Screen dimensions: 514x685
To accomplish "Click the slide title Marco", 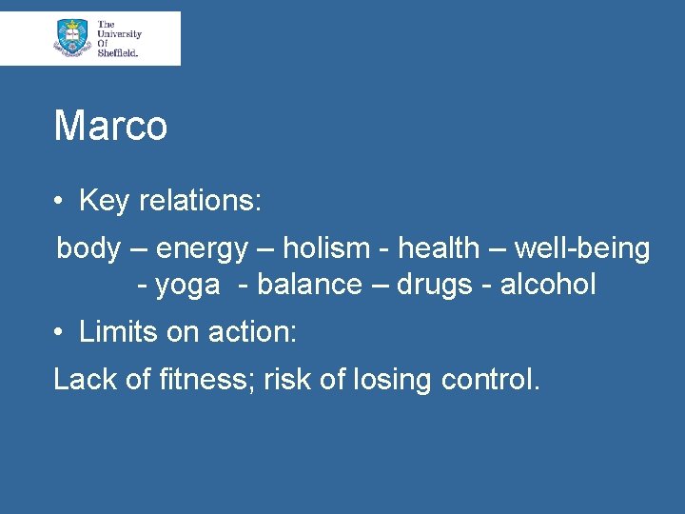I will tap(110, 126).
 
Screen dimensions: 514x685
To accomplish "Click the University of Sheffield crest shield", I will tap(72, 37).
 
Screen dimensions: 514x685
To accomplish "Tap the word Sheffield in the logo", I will tap(118, 53).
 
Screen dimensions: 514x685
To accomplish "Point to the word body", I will tap(88, 249).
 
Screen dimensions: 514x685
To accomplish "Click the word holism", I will tap(327, 249).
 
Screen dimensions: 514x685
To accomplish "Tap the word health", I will tap(439, 249).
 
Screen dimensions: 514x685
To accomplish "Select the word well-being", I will tap(582, 249).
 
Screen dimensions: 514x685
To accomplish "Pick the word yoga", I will tap(187, 285).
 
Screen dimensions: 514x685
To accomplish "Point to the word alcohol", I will tap(549, 285).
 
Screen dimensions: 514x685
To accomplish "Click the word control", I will tap(491, 380).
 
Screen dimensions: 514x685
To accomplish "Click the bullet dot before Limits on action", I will tap(59, 332).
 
